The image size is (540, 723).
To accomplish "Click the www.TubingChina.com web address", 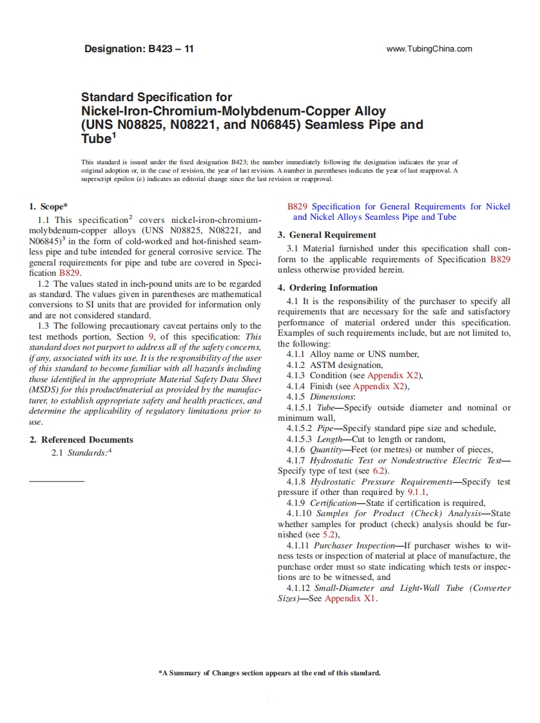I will (x=429, y=49).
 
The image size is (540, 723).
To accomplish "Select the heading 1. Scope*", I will (x=48, y=207).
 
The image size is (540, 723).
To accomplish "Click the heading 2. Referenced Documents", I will (x=81, y=439).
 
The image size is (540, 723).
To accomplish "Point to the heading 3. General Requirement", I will (x=327, y=235).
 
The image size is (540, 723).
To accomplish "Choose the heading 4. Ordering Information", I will (x=327, y=288).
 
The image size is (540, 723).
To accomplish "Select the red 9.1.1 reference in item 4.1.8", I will (x=418, y=492).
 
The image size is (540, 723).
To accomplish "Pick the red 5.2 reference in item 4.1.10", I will (x=330, y=534).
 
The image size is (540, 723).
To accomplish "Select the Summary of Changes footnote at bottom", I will (x=269, y=673).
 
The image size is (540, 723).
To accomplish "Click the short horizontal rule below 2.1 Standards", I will (x=57, y=481).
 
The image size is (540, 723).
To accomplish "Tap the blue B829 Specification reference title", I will (x=398, y=212).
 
